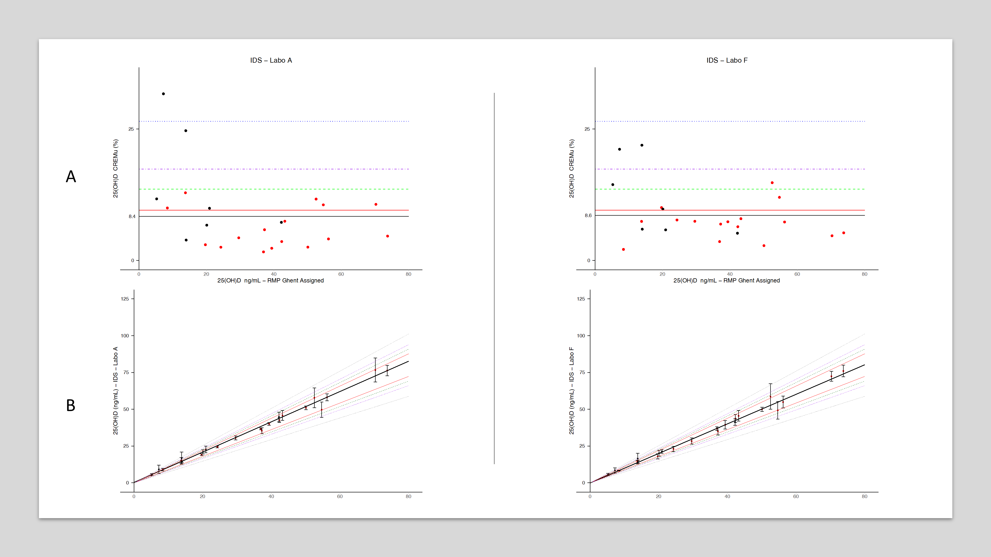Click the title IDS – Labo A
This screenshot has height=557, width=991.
click(x=271, y=60)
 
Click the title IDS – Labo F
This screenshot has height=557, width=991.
click(x=727, y=60)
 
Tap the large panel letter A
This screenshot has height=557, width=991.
click(x=71, y=177)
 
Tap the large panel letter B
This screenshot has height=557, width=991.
click(x=71, y=405)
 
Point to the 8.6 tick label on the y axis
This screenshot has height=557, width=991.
click(x=588, y=216)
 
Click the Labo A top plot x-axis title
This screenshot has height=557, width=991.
click(x=271, y=281)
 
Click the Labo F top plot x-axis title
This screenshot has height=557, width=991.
click(x=726, y=281)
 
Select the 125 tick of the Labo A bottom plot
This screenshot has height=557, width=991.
click(x=125, y=299)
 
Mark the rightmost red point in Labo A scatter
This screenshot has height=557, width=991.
click(x=387, y=236)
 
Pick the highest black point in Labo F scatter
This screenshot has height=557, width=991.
click(x=642, y=145)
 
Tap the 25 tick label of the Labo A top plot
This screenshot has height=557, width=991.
click(x=131, y=129)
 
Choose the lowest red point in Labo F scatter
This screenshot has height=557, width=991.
click(x=623, y=250)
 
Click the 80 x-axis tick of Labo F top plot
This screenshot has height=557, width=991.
click(x=864, y=274)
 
